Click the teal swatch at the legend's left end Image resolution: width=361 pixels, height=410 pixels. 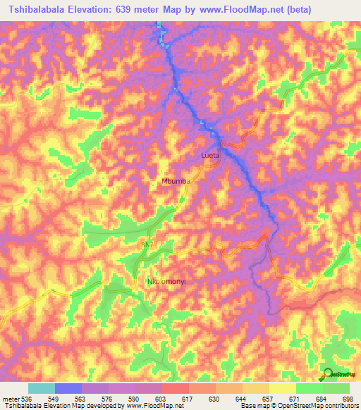click(x=41, y=389)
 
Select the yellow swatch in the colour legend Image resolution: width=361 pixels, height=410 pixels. click(x=282, y=389)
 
